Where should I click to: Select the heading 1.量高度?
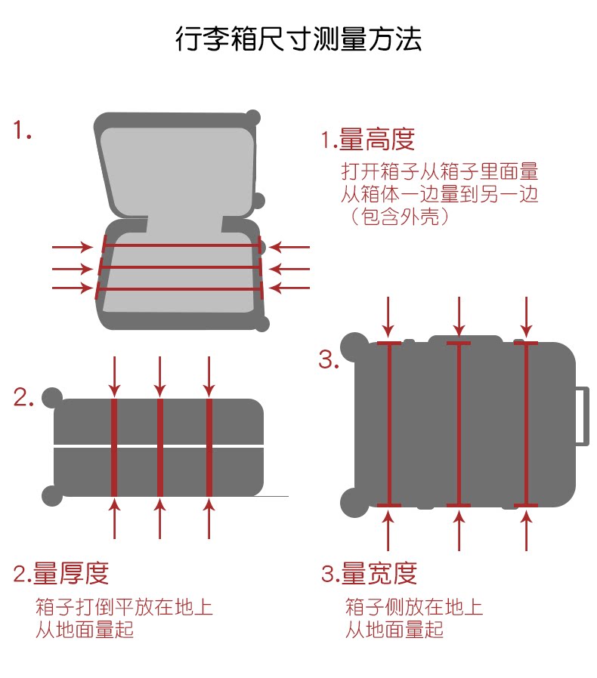coord(368,140)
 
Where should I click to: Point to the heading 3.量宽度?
coord(370,574)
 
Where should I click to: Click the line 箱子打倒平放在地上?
coord(124,606)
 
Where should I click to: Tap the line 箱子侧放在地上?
coord(414,606)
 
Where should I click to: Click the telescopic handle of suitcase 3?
coord(582,415)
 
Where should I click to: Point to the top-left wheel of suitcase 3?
coord(353,347)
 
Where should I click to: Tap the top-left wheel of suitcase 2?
coord(52,397)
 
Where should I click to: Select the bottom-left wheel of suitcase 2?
coord(52,495)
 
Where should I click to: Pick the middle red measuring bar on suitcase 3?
coord(459,424)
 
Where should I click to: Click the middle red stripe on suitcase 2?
coord(160,446)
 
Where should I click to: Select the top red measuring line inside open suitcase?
coord(181,245)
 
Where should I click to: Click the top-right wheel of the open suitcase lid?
coord(253,118)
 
